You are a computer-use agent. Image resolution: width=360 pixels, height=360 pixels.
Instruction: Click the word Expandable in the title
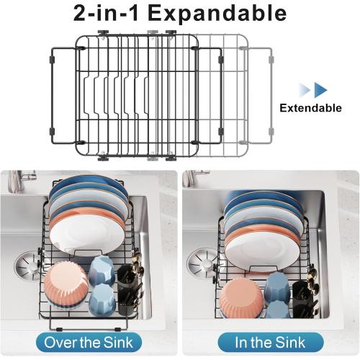217,13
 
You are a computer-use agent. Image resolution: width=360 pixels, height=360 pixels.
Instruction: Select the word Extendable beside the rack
311,108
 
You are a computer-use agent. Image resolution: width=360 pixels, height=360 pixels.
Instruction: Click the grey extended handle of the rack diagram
268,90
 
